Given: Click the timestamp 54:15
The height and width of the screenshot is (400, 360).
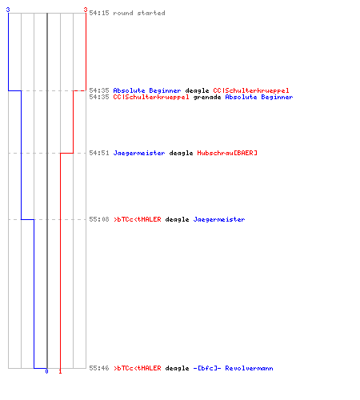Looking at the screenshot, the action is [99, 13].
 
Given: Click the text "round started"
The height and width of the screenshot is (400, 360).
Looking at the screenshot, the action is [139, 13].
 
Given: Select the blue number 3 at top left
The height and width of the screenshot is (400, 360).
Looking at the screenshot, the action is [8, 10].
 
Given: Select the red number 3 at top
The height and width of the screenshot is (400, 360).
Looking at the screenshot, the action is [86, 10].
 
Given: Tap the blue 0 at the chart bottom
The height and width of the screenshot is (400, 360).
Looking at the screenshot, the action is [46, 371].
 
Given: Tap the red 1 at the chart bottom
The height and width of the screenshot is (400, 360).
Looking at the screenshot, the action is [60, 371].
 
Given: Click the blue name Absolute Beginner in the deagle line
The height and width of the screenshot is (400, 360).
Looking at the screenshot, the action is [147, 90].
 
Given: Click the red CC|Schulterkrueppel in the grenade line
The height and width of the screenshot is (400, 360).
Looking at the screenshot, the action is [151, 97].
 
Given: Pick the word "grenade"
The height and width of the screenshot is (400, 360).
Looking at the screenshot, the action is [207, 98].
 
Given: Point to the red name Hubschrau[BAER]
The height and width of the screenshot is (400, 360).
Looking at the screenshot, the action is [227, 153].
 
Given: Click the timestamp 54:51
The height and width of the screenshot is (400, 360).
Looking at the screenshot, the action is [99, 153].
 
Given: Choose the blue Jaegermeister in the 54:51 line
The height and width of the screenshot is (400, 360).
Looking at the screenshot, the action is [139, 153].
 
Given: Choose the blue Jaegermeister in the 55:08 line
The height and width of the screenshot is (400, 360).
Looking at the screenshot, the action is [219, 219].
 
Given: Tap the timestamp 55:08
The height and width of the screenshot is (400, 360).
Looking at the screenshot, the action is [99, 219].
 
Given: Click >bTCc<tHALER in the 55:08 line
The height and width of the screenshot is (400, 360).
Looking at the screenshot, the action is [137, 219].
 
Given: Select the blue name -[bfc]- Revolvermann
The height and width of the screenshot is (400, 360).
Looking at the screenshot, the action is [233, 368].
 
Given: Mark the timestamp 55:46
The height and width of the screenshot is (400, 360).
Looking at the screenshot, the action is [99, 368].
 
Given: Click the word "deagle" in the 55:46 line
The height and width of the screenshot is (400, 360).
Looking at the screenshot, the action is [177, 369].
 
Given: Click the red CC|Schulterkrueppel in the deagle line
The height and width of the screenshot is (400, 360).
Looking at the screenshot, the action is [251, 90].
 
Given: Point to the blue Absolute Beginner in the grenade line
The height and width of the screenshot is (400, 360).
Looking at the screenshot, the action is [259, 97].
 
